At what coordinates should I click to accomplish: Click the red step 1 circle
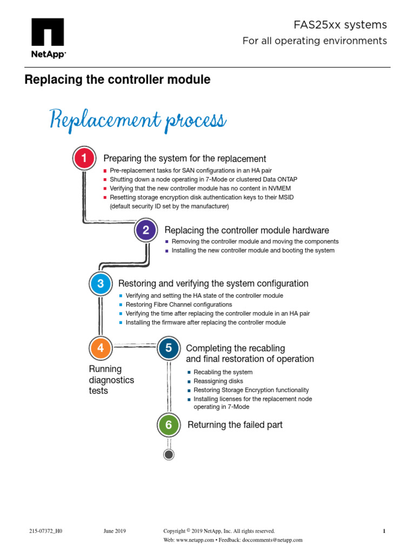(x=84, y=158)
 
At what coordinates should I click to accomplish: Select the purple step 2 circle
(x=145, y=230)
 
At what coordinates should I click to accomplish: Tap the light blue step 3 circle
(x=100, y=284)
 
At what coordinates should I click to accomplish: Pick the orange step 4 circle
(x=100, y=348)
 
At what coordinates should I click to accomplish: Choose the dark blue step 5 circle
(x=169, y=348)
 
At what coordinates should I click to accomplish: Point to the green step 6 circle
(x=169, y=425)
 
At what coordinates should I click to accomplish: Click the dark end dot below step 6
(x=169, y=455)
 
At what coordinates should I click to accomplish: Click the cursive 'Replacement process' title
(x=138, y=119)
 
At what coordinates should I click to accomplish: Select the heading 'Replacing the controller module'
(x=117, y=80)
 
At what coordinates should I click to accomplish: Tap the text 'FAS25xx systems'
(x=340, y=25)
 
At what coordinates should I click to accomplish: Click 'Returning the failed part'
(x=235, y=425)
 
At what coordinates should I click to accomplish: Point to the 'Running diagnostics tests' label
(x=111, y=380)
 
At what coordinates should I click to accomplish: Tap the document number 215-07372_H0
(x=46, y=531)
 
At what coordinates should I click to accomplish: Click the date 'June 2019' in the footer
(x=115, y=531)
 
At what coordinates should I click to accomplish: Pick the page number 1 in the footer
(x=384, y=531)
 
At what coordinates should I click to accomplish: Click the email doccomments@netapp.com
(x=272, y=540)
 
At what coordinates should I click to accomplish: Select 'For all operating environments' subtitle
(x=314, y=41)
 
